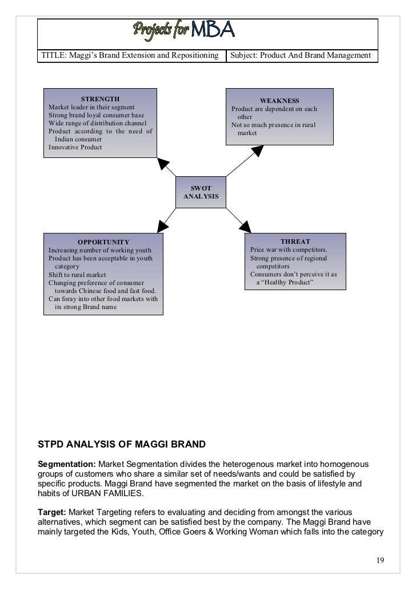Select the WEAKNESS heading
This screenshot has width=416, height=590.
(x=279, y=101)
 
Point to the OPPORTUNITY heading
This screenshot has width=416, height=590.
(x=103, y=242)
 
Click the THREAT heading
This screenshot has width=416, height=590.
(x=295, y=241)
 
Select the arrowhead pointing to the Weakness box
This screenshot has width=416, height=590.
(x=257, y=151)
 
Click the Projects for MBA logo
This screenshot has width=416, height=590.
(x=184, y=29)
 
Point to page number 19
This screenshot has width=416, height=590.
(x=380, y=559)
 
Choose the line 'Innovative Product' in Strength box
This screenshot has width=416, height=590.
(x=75, y=147)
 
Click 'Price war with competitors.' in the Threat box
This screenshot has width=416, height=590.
(x=289, y=250)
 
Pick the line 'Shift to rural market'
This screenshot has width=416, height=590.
(x=77, y=275)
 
